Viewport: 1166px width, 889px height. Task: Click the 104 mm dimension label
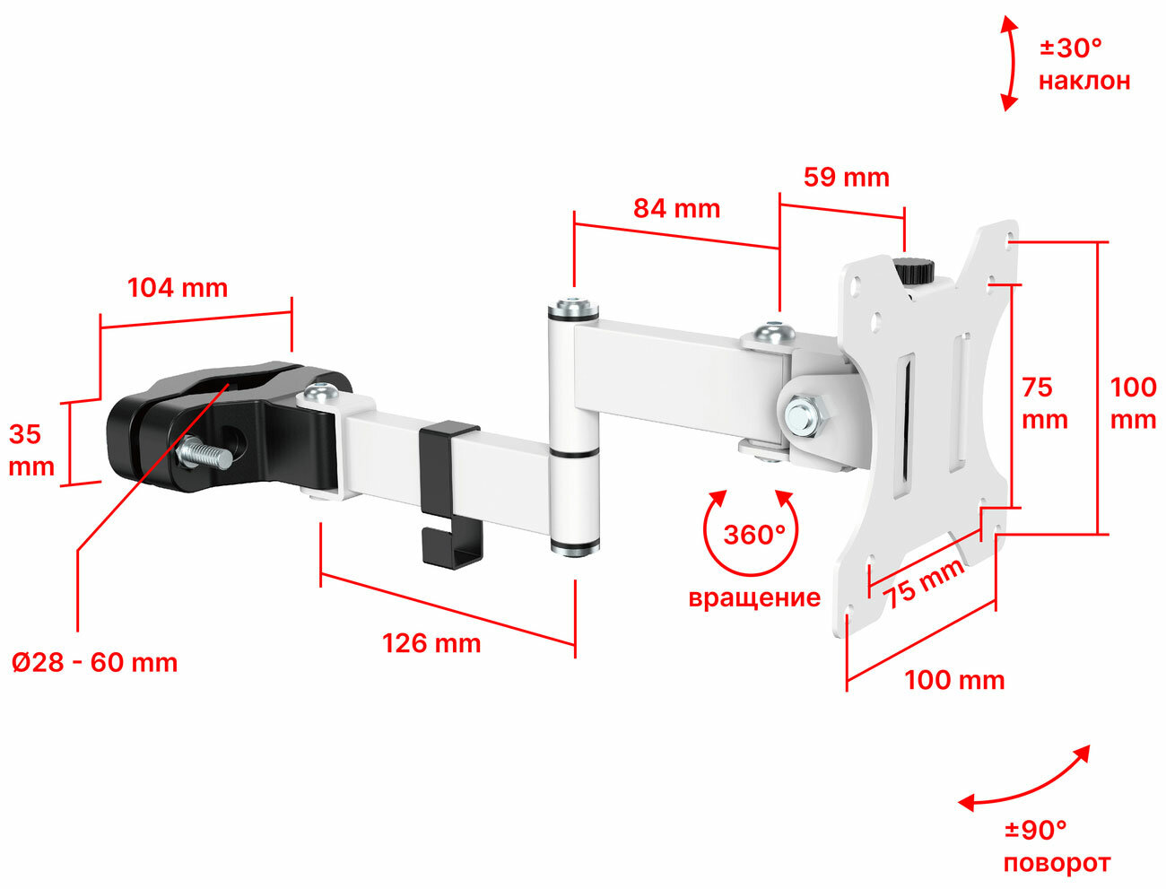click(178, 288)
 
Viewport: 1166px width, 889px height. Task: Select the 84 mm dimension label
click(676, 209)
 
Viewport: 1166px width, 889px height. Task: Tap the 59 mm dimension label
click(846, 177)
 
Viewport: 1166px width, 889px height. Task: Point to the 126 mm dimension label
click(431, 643)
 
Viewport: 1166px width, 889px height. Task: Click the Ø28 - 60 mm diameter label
click(95, 663)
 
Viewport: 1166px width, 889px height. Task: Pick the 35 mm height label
click(31, 450)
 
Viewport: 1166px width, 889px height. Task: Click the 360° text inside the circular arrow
click(753, 535)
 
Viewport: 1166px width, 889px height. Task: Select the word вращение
click(753, 597)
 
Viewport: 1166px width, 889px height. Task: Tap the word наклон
click(1084, 81)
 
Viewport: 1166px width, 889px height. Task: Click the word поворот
click(1057, 863)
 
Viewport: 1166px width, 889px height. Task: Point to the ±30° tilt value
click(1070, 47)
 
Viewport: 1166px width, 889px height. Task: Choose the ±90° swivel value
click(1036, 830)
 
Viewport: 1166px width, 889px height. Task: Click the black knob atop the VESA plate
click(915, 270)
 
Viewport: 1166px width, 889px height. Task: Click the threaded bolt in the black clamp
click(204, 454)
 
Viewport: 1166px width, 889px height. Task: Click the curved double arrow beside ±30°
click(1009, 63)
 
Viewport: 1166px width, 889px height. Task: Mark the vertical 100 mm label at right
click(1133, 404)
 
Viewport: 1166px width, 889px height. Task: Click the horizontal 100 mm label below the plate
click(954, 680)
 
